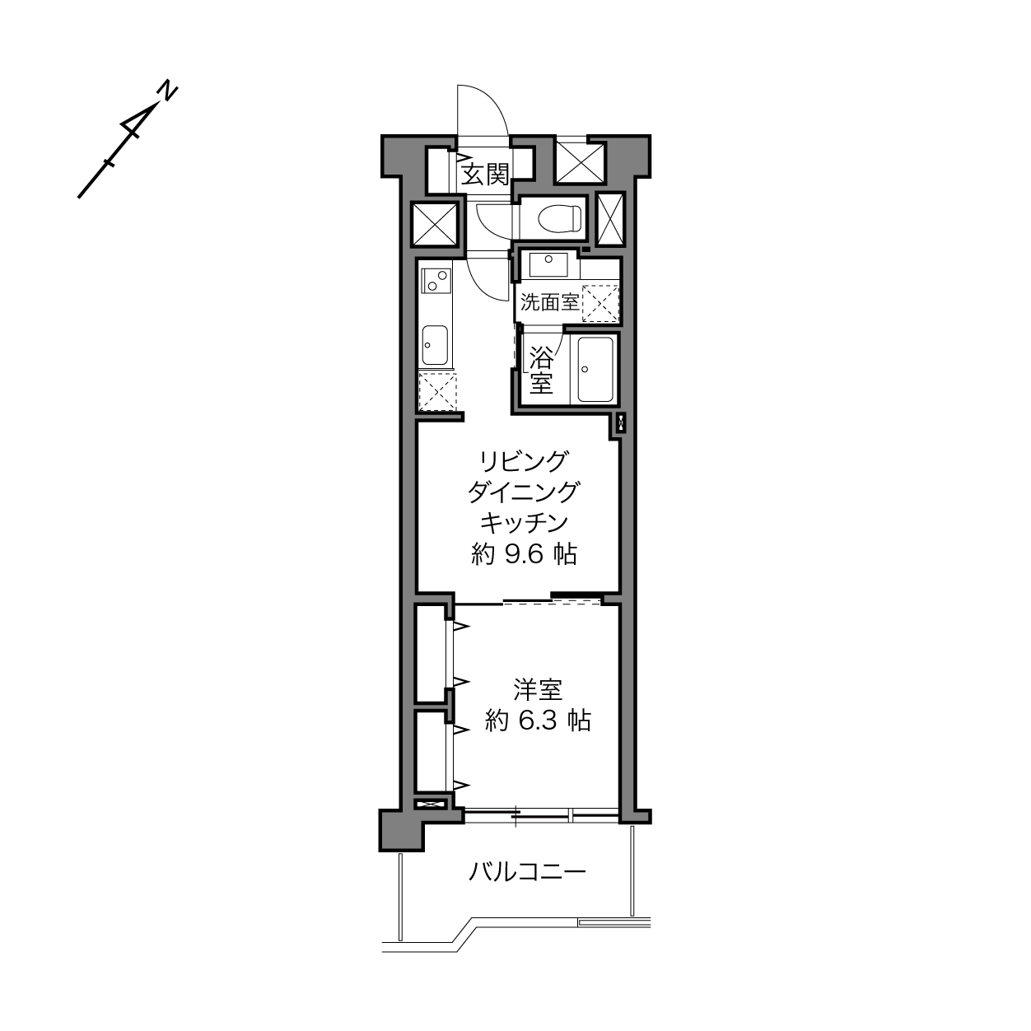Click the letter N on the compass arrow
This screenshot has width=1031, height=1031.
tap(169, 91)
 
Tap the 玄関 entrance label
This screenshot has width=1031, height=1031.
tap(485, 175)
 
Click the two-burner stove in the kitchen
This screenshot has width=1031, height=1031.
tap(436, 280)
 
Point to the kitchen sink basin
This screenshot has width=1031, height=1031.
tap(435, 345)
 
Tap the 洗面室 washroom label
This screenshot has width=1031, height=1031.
tap(549, 303)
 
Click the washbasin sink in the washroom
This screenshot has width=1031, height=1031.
tap(548, 264)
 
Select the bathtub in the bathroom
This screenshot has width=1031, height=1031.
tap(595, 369)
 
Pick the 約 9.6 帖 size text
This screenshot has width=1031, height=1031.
tap(524, 555)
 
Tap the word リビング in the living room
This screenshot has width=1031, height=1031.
tap(523, 460)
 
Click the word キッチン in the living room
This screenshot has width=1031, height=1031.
tap(524, 523)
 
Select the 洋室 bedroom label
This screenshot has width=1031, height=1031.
tap(538, 690)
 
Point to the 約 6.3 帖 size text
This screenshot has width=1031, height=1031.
tap(538, 721)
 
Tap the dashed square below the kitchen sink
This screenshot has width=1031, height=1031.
tap(437, 392)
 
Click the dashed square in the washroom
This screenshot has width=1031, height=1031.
tap(599, 303)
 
